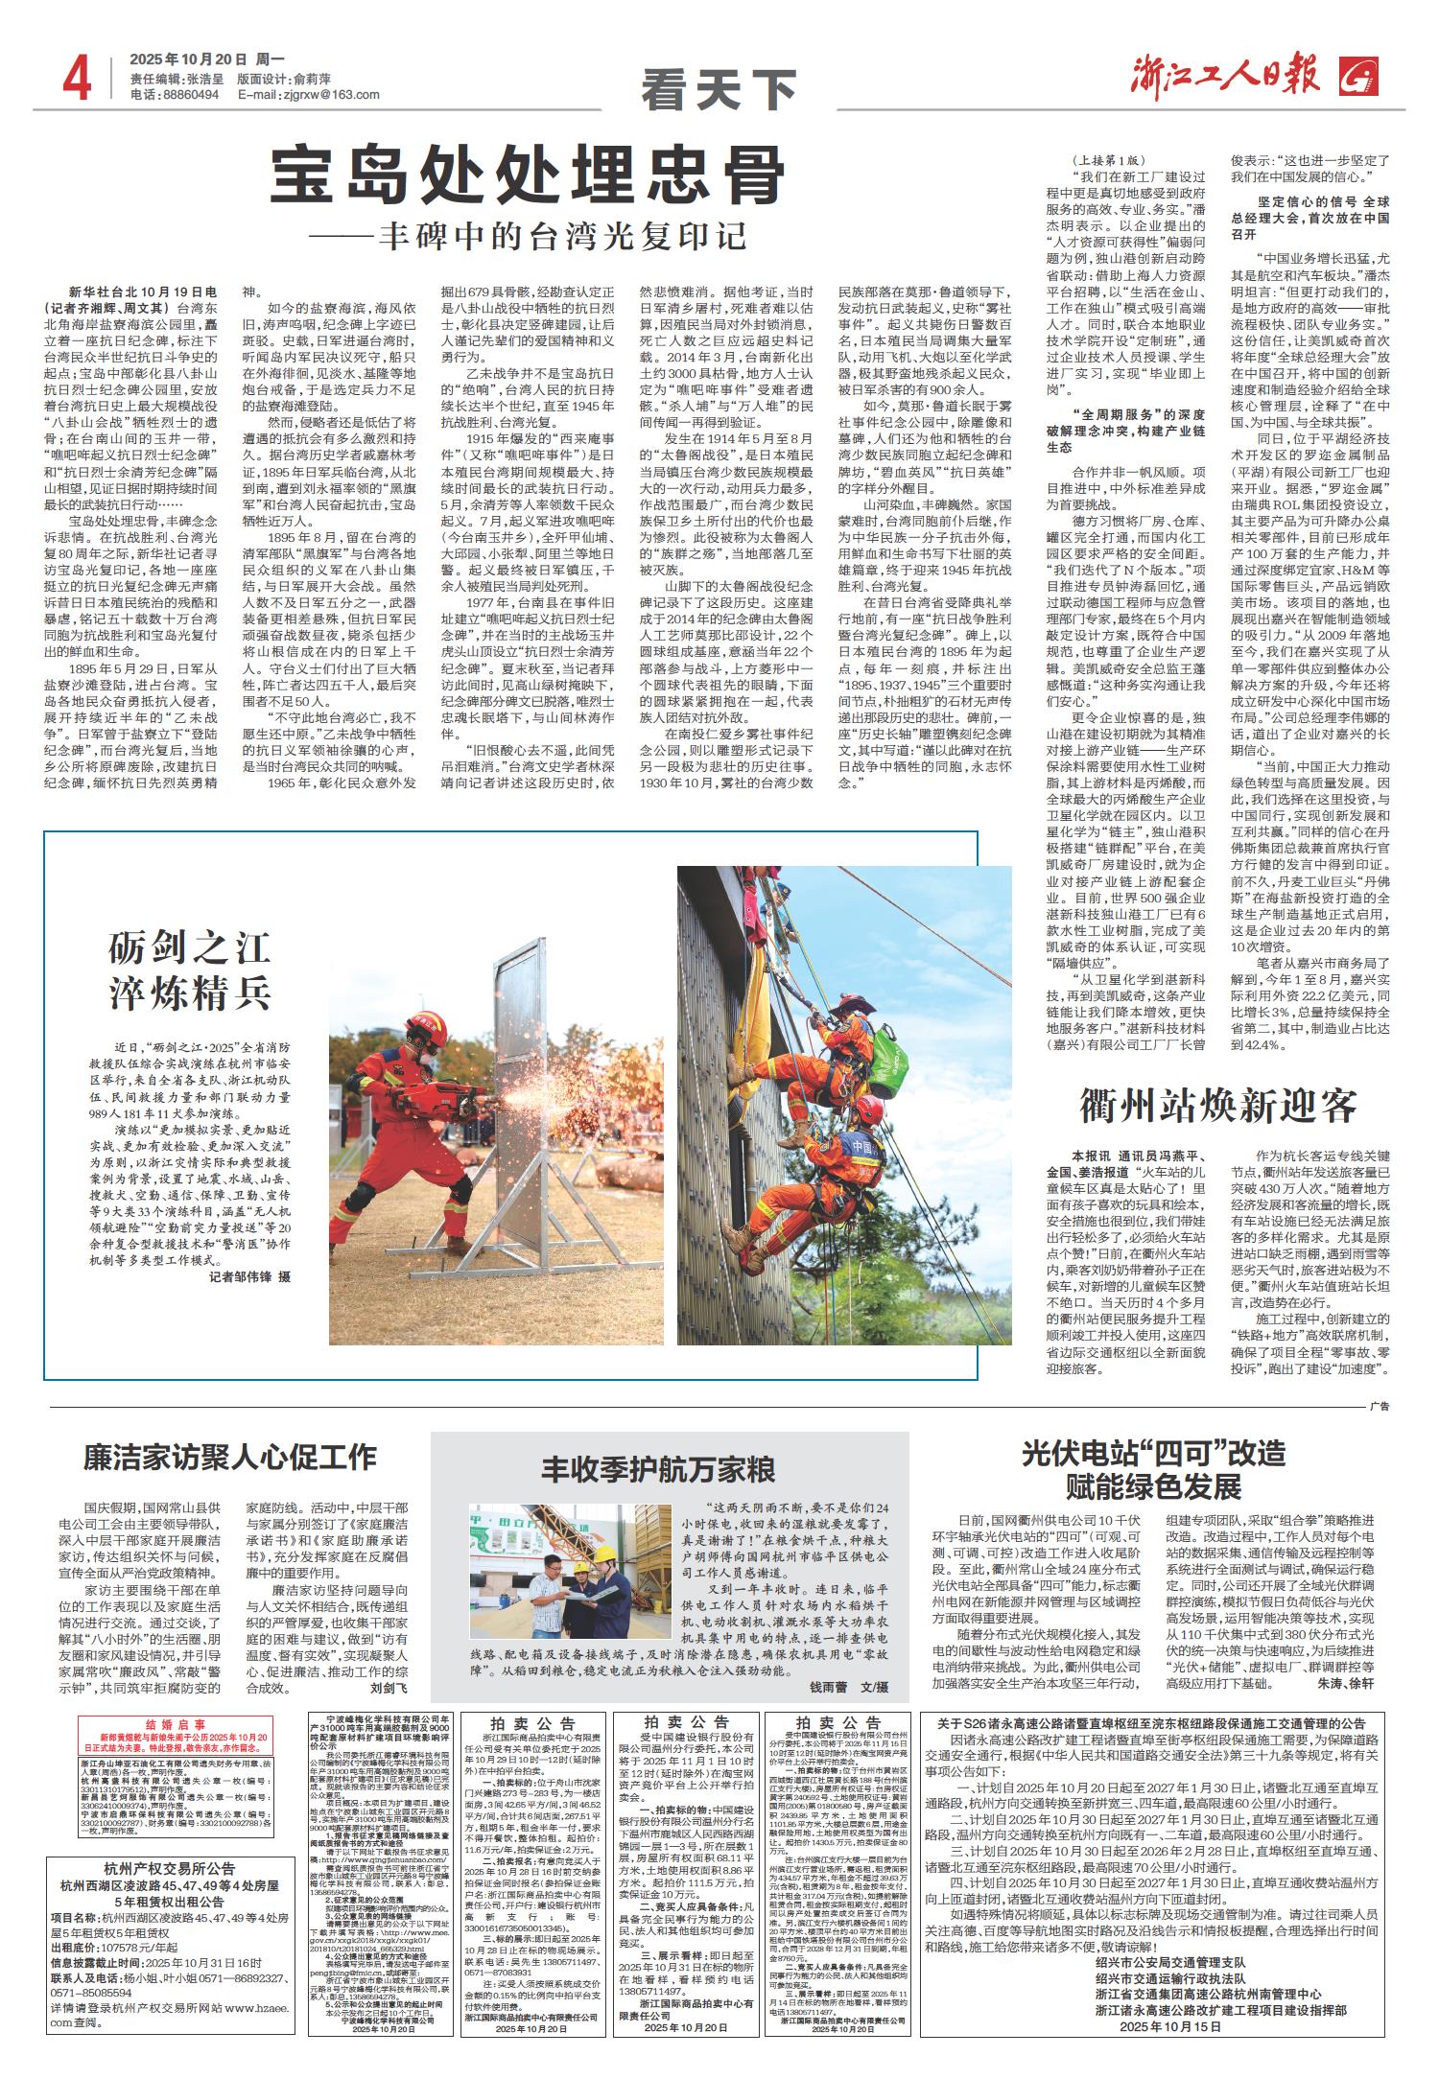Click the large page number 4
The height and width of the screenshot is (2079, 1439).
(76, 77)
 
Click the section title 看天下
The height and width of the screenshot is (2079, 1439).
(719, 90)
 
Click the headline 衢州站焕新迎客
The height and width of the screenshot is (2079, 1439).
(1218, 1106)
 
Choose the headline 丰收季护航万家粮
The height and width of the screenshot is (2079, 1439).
(658, 1469)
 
